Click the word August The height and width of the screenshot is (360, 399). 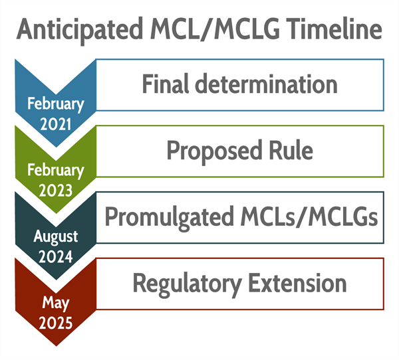click(56, 236)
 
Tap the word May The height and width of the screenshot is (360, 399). click(56, 303)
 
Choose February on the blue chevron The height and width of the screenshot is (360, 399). click(56, 104)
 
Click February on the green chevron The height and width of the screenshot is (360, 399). click(56, 170)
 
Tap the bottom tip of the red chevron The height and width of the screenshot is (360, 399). click(56, 345)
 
